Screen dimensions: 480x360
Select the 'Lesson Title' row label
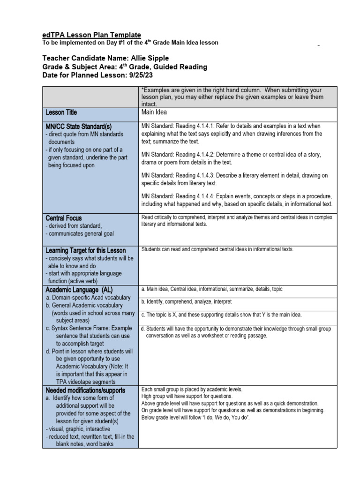[61, 112]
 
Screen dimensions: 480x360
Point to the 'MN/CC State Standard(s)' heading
[79, 126]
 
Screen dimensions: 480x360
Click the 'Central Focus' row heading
[64, 218]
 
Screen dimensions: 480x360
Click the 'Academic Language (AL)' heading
[79, 290]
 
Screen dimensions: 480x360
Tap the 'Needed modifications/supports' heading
[85, 390]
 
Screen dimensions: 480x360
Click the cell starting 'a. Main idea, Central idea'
[211, 289]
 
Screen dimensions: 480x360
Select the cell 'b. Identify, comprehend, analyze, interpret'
[186, 302]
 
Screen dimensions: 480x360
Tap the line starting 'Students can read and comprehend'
[217, 249]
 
